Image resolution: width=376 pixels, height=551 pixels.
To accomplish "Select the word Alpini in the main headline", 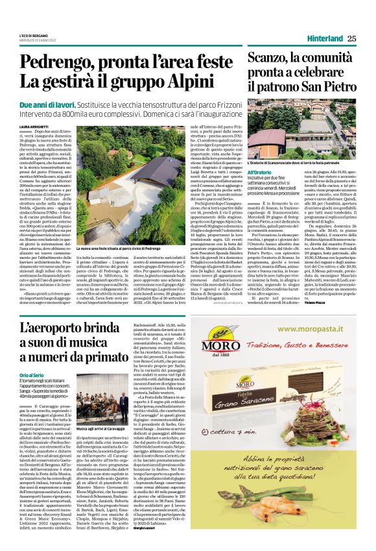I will pos(195,82).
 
